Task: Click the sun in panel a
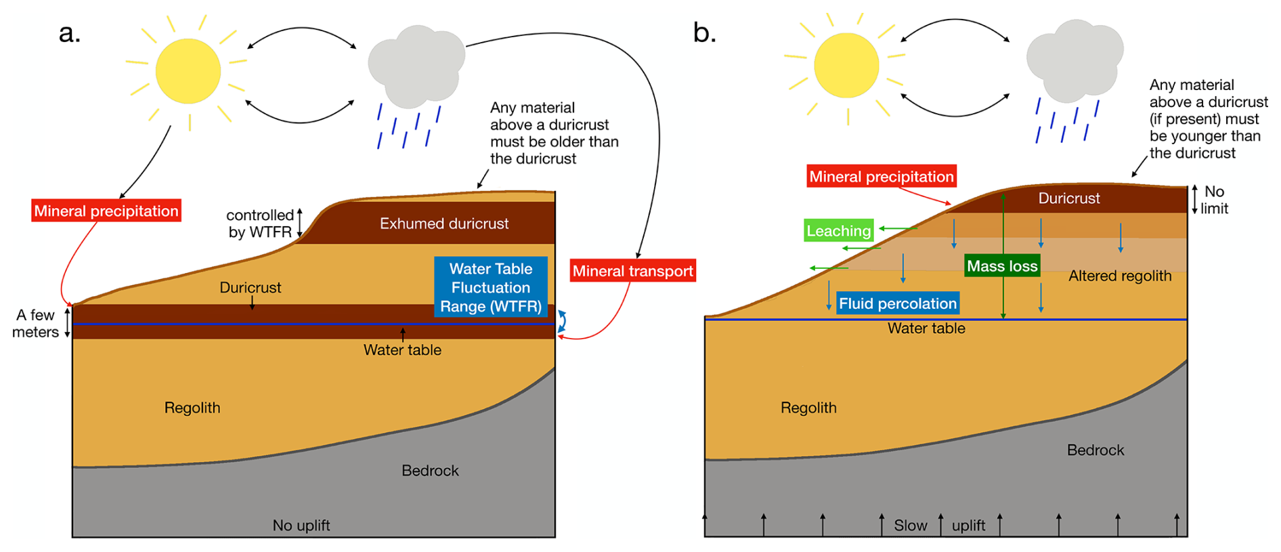(x=188, y=71)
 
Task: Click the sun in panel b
(x=846, y=66)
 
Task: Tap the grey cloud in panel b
(x=1074, y=60)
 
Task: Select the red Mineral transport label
(x=633, y=271)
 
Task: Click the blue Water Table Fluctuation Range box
(x=491, y=287)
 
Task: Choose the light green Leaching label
(x=839, y=230)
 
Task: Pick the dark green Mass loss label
(x=1002, y=266)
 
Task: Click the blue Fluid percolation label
(x=898, y=303)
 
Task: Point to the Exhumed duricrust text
(x=444, y=224)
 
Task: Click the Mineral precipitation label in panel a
(x=106, y=211)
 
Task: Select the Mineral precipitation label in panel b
(x=882, y=176)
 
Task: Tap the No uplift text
(x=301, y=525)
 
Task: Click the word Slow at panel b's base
(x=911, y=526)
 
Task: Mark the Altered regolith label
(x=1120, y=276)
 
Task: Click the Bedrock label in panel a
(x=430, y=470)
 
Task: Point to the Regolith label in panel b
(x=808, y=408)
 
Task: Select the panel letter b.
(x=704, y=33)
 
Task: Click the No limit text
(x=1214, y=200)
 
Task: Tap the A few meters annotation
(x=35, y=324)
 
